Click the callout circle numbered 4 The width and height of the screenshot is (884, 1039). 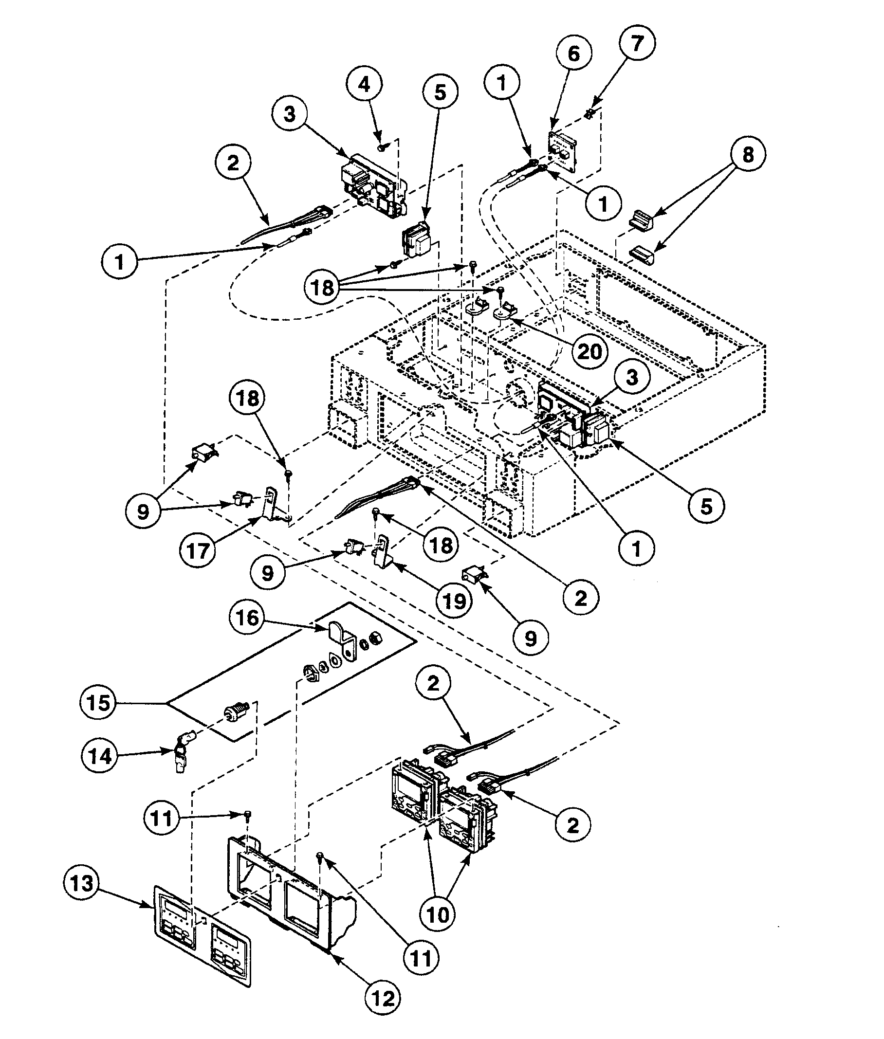pyautogui.click(x=365, y=85)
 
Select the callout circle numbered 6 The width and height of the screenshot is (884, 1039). pyautogui.click(x=573, y=54)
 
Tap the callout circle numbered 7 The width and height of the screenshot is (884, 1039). pyautogui.click(x=636, y=43)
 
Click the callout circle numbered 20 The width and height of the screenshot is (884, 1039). pyautogui.click(x=589, y=351)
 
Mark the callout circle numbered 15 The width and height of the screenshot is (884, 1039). pyautogui.click(x=98, y=702)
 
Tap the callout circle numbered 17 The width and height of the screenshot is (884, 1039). pyautogui.click(x=198, y=551)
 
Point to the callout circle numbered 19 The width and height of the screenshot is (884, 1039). pyautogui.click(x=455, y=601)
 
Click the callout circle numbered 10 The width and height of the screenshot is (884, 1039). pyautogui.click(x=438, y=915)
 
